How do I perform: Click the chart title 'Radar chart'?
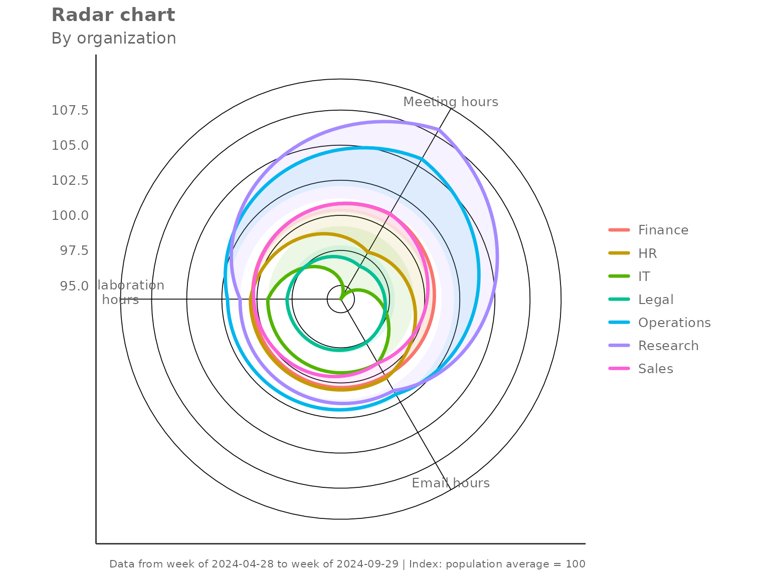(x=113, y=15)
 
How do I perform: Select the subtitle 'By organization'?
(x=114, y=38)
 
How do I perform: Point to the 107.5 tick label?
(x=70, y=110)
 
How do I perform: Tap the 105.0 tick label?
(x=70, y=145)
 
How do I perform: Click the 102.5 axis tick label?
(x=70, y=180)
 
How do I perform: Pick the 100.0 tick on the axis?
(x=70, y=215)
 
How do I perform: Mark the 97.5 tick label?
(x=74, y=250)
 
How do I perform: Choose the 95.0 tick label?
(x=74, y=286)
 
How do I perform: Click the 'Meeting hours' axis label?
(x=451, y=102)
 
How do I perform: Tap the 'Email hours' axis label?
(x=451, y=483)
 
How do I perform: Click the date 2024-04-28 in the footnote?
(x=243, y=564)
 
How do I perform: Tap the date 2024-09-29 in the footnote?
(x=367, y=564)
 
